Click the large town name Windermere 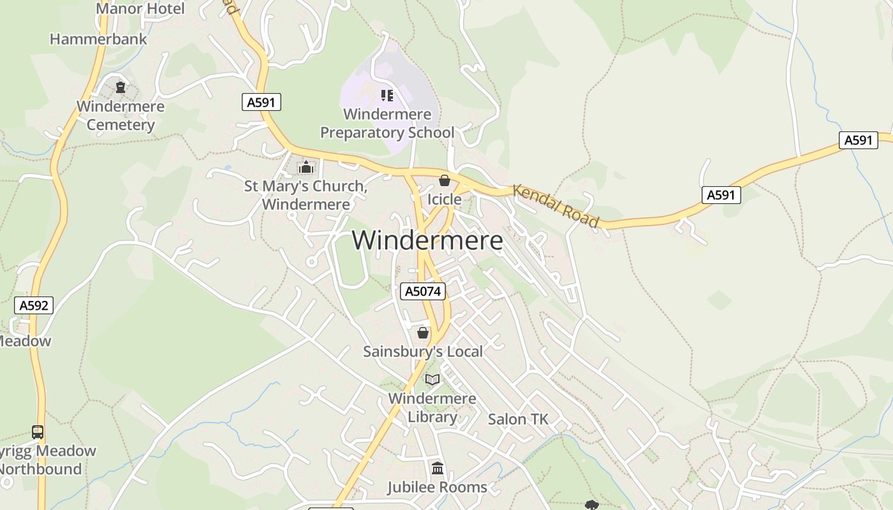pos(427,241)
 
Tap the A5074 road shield pos(422,291)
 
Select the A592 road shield pos(34,305)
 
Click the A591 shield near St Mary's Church pos(262,102)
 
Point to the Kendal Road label pos(556,206)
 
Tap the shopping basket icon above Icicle pos(445,180)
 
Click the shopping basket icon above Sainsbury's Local pos(422,333)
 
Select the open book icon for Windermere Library pos(432,380)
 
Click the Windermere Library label pos(432,407)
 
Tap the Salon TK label pos(518,419)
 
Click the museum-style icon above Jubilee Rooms pos(438,469)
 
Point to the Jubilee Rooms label pos(437,487)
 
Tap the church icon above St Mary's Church pos(306,168)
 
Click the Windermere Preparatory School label pos(387,124)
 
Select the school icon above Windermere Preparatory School pos(387,96)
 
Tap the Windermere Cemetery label pos(121,115)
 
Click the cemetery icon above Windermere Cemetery pos(120,87)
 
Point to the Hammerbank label pos(98,39)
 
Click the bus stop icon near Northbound pos(38,432)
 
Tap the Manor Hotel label pos(140,9)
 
